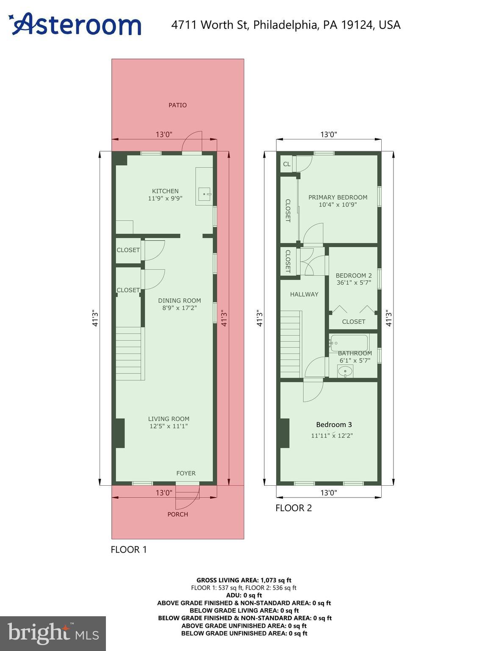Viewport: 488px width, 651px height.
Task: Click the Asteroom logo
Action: pos(75,24)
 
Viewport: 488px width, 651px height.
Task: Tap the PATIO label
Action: pos(177,105)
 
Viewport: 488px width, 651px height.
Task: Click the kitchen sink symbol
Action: pos(205,195)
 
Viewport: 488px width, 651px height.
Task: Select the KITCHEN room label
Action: pos(165,191)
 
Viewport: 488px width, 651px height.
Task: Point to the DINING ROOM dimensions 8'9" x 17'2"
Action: pos(180,308)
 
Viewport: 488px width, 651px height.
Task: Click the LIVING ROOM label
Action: pos(169,419)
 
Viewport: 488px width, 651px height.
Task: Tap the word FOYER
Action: pos(186,473)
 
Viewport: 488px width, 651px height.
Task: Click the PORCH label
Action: pos(177,514)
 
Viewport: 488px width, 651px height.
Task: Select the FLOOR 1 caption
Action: pos(129,550)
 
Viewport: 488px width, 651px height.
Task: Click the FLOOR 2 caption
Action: pos(294,508)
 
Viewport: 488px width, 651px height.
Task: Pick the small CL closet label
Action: pos(287,164)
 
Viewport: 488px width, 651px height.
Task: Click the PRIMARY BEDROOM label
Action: pos(338,197)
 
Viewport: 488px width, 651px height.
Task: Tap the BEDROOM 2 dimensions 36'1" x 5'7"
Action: pos(354,283)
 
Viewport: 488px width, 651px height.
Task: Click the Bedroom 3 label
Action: pos(334,425)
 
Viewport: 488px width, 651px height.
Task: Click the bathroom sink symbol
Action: pos(345,372)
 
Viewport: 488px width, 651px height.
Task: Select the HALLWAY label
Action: pos(304,294)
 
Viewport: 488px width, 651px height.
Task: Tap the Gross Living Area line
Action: pos(244,580)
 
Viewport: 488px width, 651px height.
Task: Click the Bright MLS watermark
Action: pos(53,633)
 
